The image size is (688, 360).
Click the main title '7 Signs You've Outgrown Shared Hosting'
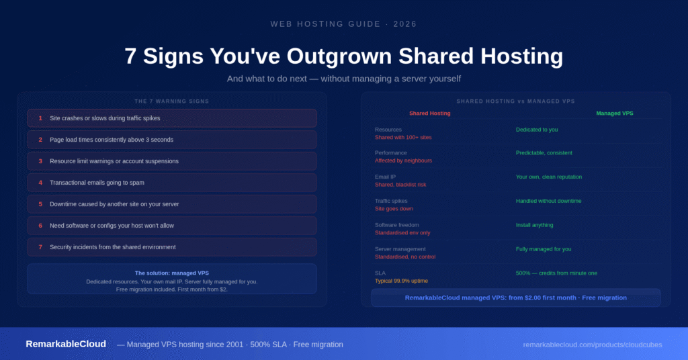[343, 56]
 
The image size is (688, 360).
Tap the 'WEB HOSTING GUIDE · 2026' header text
[343, 24]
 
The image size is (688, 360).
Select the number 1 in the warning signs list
[40, 118]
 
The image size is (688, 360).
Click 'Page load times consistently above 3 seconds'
[111, 140]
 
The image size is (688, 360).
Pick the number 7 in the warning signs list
[40, 247]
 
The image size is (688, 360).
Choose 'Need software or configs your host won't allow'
[112, 226]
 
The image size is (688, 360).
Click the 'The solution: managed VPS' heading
[171, 273]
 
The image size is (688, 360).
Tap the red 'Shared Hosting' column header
[429, 114]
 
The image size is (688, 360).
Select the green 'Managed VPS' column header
[614, 114]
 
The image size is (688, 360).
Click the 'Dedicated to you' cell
[536, 130]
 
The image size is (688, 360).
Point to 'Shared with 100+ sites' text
[403, 137]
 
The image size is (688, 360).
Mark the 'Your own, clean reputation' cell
[548, 177]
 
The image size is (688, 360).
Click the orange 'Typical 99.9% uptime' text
[401, 281]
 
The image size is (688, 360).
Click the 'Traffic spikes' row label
[391, 201]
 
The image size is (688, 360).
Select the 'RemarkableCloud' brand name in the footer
[66, 344]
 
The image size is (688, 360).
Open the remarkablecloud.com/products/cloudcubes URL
[592, 345]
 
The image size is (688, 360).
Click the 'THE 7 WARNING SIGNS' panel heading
[171, 101]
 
